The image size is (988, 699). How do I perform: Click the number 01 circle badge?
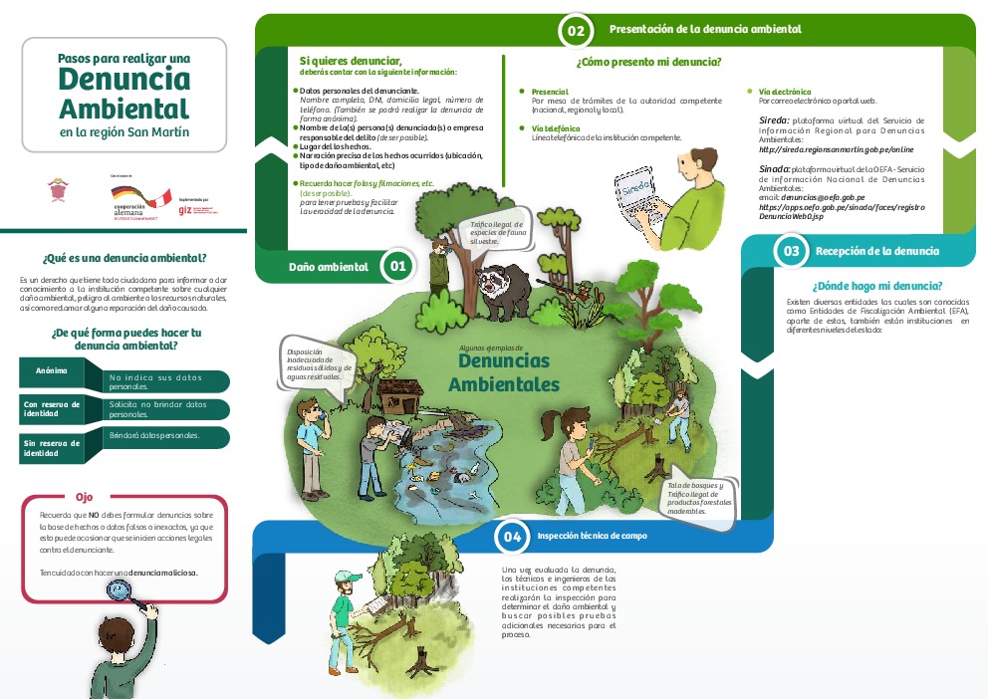[397, 266]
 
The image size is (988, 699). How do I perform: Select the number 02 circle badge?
[575, 31]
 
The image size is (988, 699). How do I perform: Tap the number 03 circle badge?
[791, 251]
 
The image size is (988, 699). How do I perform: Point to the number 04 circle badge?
[512, 537]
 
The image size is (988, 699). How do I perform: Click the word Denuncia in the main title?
[123, 78]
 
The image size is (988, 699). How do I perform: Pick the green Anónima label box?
[52, 371]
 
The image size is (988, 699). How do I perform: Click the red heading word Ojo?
[85, 496]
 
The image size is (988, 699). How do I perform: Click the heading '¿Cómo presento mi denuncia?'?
[648, 62]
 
